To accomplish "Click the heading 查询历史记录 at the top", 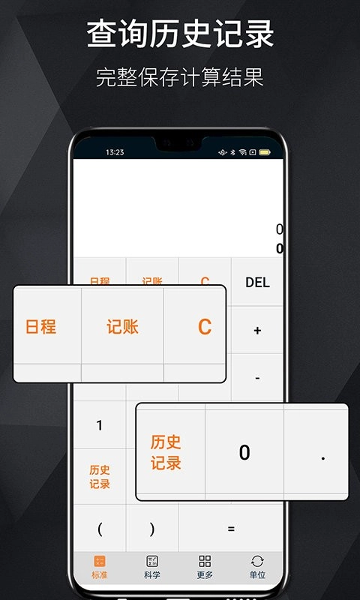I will (x=180, y=34).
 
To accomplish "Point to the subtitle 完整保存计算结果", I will (x=180, y=77).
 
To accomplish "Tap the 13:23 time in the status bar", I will (x=115, y=152).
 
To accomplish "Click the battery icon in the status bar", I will (x=265, y=152).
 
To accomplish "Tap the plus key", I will (x=257, y=330).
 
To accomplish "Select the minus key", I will (x=257, y=379).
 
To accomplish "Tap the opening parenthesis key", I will (x=100, y=529).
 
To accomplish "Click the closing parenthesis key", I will (x=152, y=529).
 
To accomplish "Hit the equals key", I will (x=231, y=529).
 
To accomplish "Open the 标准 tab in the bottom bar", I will (x=100, y=567).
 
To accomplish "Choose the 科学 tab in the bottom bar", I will (x=152, y=567).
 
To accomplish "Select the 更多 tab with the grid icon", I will (x=205, y=567).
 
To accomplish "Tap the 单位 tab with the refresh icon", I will (x=257, y=567).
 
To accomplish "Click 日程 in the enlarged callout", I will (x=41, y=327).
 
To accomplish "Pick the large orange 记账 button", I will (x=122, y=327).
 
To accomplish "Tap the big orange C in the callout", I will (x=204, y=327).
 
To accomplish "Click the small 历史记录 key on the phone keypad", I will (x=100, y=477).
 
